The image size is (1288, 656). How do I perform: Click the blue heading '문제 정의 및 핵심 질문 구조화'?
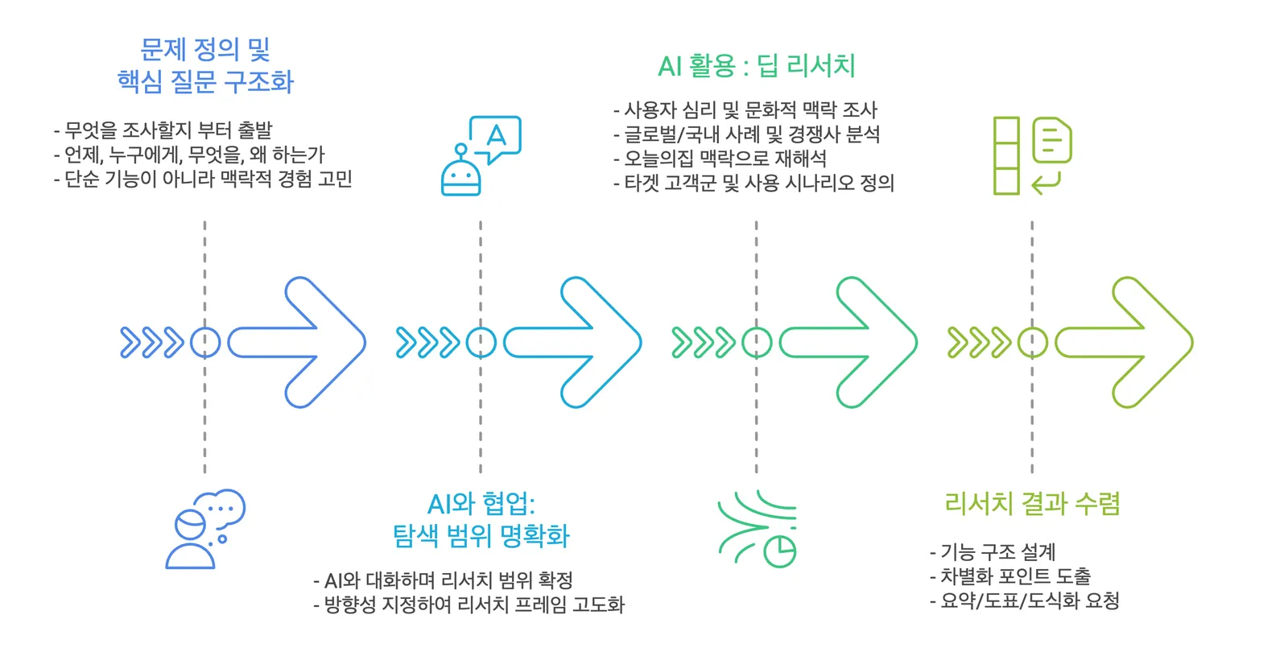(x=205, y=65)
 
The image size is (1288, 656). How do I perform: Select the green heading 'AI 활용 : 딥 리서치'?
(x=757, y=65)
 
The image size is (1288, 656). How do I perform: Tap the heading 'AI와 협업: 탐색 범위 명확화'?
(x=481, y=520)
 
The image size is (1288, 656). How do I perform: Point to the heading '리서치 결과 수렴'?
(x=1032, y=504)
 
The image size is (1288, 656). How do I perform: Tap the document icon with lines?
(x=1051, y=140)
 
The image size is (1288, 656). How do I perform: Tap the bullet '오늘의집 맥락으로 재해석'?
(x=720, y=158)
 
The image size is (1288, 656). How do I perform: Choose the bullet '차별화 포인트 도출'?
(x=1009, y=576)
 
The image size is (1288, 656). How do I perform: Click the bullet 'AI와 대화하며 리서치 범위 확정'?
(x=443, y=580)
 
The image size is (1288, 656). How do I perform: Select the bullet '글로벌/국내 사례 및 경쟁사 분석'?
(x=746, y=134)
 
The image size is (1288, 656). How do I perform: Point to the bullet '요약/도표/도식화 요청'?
(x=1024, y=600)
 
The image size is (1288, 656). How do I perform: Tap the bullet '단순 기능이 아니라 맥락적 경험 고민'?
(x=202, y=179)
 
